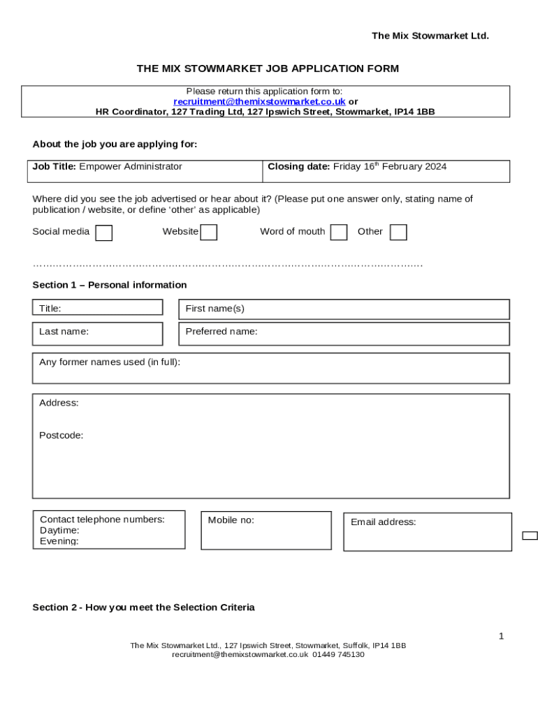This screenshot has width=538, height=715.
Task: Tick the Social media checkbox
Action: (x=103, y=233)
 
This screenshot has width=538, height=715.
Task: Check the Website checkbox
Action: (x=208, y=233)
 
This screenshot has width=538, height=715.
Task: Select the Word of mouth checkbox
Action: (x=338, y=233)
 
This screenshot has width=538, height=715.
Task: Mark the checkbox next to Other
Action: (x=398, y=233)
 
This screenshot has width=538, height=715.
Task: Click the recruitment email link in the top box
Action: (x=259, y=101)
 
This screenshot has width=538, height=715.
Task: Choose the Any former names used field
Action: (x=270, y=368)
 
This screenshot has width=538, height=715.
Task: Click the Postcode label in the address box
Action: (x=61, y=435)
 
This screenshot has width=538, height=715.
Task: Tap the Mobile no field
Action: (x=266, y=531)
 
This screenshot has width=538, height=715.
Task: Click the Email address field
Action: (x=427, y=532)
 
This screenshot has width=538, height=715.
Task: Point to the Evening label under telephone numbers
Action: (x=59, y=541)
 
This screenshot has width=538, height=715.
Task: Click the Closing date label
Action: (x=298, y=167)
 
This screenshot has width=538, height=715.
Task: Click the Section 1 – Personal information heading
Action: (x=110, y=285)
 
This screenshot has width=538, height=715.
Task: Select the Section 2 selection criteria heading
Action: (x=143, y=607)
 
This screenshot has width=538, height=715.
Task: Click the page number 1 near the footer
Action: (x=501, y=635)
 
